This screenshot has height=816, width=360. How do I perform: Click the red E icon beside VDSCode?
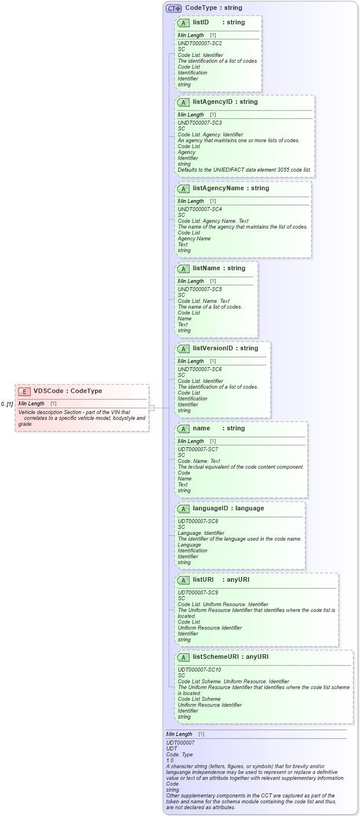pyautogui.click(x=24, y=391)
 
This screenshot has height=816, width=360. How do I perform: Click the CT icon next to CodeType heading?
pyautogui.click(x=174, y=8)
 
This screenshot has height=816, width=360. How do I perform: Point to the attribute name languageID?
pyautogui.click(x=212, y=509)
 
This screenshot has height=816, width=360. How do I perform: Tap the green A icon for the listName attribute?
pyautogui.click(x=183, y=269)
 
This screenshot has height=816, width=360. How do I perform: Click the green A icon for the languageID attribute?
pyautogui.click(x=183, y=509)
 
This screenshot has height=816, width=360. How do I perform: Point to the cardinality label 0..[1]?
pyautogui.click(x=7, y=404)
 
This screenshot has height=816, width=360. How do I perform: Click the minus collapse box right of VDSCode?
pyautogui.click(x=151, y=408)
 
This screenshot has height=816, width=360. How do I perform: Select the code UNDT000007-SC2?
pyautogui.click(x=199, y=43)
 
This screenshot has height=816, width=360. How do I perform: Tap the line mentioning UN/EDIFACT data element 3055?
pyautogui.click(x=244, y=170)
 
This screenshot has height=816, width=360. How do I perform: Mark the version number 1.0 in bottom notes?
pyautogui.click(x=170, y=760)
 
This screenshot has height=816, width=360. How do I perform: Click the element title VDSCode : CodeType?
pyautogui.click(x=67, y=391)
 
